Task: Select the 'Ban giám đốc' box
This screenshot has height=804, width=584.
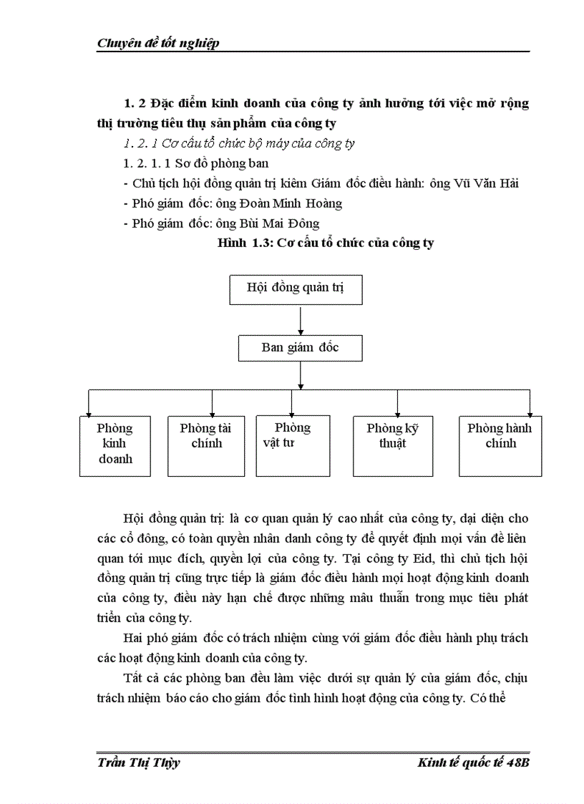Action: pyautogui.click(x=300, y=349)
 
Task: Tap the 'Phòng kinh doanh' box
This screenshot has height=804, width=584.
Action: pyautogui.click(x=115, y=445)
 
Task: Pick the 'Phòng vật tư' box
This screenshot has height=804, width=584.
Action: pyautogui.click(x=293, y=445)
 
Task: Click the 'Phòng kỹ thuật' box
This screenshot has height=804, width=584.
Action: pyautogui.click(x=392, y=445)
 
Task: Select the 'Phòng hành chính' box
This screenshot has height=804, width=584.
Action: pyautogui.click(x=500, y=445)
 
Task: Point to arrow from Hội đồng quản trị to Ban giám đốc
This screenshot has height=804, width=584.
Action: pyautogui.click(x=301, y=321)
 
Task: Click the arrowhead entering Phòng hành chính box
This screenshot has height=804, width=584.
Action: pyautogui.click(x=530, y=413)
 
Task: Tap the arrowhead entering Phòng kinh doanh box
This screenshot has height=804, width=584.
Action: pyautogui.click(x=89, y=413)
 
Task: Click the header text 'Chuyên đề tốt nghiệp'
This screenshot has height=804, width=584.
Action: pyautogui.click(x=157, y=43)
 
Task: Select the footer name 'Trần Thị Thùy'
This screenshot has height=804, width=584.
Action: pyautogui.click(x=138, y=762)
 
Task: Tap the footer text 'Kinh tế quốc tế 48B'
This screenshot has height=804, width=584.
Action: pyautogui.click(x=473, y=762)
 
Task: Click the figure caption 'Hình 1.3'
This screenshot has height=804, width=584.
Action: pyautogui.click(x=245, y=243)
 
